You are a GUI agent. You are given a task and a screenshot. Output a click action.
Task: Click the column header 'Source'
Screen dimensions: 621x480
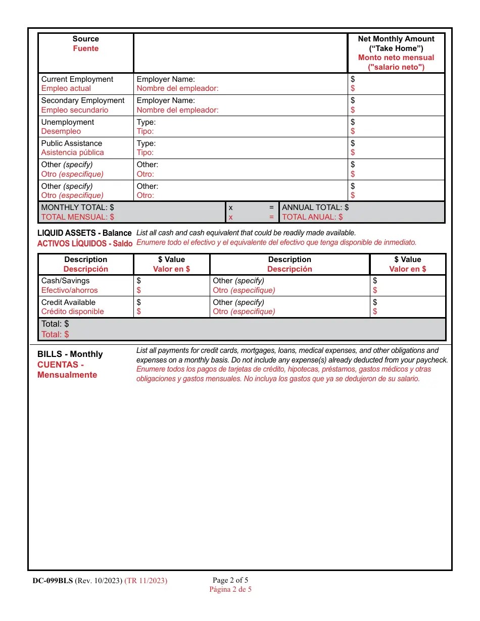[x=85, y=39]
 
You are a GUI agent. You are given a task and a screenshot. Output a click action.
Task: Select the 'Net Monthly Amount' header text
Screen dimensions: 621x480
[x=396, y=39]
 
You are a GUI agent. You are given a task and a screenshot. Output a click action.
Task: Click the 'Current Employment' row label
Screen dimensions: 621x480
[x=77, y=79]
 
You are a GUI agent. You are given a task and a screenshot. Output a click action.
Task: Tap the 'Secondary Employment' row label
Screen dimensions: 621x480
[x=82, y=100]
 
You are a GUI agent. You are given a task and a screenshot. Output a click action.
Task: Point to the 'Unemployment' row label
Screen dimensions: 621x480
[x=68, y=122]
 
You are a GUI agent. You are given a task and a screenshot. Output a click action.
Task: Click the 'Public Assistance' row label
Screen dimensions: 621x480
[x=72, y=143]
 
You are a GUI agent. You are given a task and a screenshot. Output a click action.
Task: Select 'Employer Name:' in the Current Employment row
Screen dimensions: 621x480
[x=166, y=79]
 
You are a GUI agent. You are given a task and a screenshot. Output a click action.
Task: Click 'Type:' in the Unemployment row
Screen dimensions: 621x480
[x=146, y=122]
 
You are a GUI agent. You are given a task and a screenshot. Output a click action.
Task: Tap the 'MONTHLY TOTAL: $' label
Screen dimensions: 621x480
[x=77, y=208]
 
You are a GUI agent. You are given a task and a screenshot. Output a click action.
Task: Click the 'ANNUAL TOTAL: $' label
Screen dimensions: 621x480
[x=315, y=208]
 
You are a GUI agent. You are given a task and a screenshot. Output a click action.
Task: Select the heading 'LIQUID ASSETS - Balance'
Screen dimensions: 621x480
[x=84, y=233]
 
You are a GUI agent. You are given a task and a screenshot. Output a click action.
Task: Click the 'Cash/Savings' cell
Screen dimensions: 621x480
[x=65, y=281]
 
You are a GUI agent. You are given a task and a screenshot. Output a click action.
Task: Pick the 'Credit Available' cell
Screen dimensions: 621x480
[x=68, y=302]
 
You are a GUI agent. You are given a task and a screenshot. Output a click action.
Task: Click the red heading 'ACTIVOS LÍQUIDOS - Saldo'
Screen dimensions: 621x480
[x=85, y=243]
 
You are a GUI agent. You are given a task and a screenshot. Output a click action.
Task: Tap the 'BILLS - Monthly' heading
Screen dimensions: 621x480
[x=70, y=354]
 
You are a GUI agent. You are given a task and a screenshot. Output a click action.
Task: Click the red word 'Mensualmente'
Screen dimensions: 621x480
[x=67, y=375]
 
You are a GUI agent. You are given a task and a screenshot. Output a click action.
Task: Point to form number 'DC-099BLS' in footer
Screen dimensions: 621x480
[x=53, y=581]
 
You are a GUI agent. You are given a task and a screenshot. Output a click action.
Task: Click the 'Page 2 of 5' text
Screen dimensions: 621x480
[x=230, y=580]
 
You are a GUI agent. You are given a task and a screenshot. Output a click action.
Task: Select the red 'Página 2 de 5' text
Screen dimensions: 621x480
[x=230, y=589]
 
